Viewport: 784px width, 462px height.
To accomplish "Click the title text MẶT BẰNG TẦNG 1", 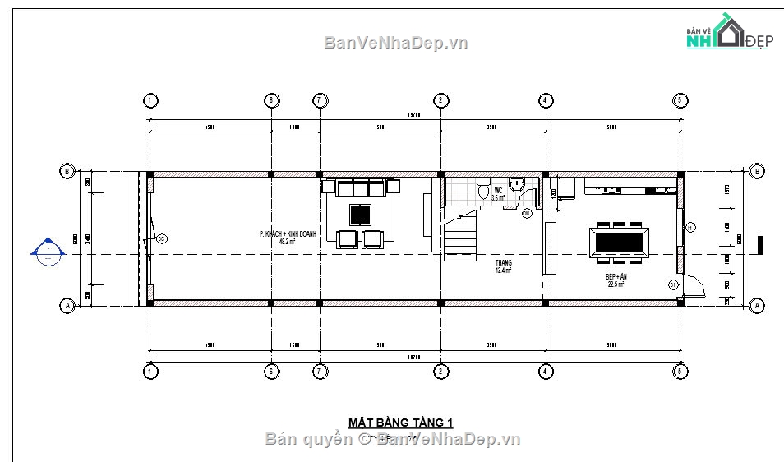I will point(400,423).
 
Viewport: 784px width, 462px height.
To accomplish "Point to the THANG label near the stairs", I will point(503,266).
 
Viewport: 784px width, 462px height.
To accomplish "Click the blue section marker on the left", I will point(48,252).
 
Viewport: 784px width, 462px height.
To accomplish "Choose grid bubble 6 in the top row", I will point(270,100).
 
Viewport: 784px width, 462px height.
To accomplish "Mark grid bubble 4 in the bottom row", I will point(545,371).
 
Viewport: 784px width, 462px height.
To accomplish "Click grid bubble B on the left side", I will point(66,172).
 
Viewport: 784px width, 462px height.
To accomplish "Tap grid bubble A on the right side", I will point(755,305).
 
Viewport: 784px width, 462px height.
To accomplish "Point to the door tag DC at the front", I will point(161,239).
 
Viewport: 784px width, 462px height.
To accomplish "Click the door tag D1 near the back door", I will point(672,284).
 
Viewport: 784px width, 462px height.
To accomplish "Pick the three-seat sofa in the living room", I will point(361,188).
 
